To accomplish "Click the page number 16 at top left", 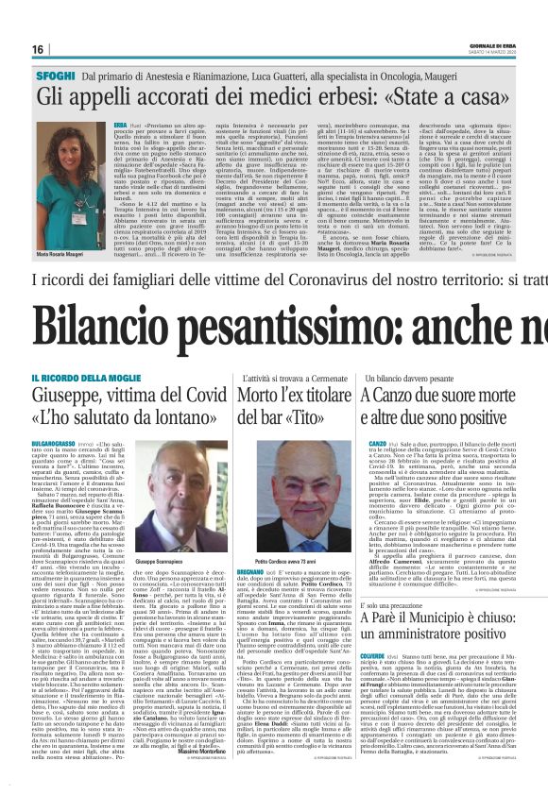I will click(38, 49).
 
